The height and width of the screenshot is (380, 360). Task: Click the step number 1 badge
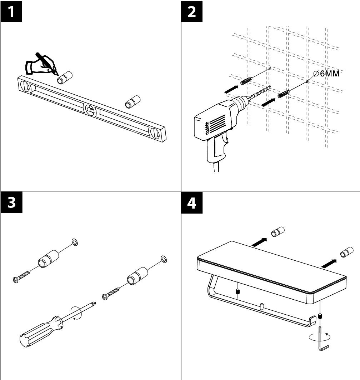pyautogui.click(x=11, y=12)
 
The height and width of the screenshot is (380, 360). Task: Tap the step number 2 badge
pyautogui.click(x=191, y=12)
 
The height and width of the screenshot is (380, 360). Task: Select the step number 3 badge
pyautogui.click(x=11, y=203)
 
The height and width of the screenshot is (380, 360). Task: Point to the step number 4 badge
pyautogui.click(x=191, y=203)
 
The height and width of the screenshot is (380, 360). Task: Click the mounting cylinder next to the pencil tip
pyautogui.click(x=65, y=77)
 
